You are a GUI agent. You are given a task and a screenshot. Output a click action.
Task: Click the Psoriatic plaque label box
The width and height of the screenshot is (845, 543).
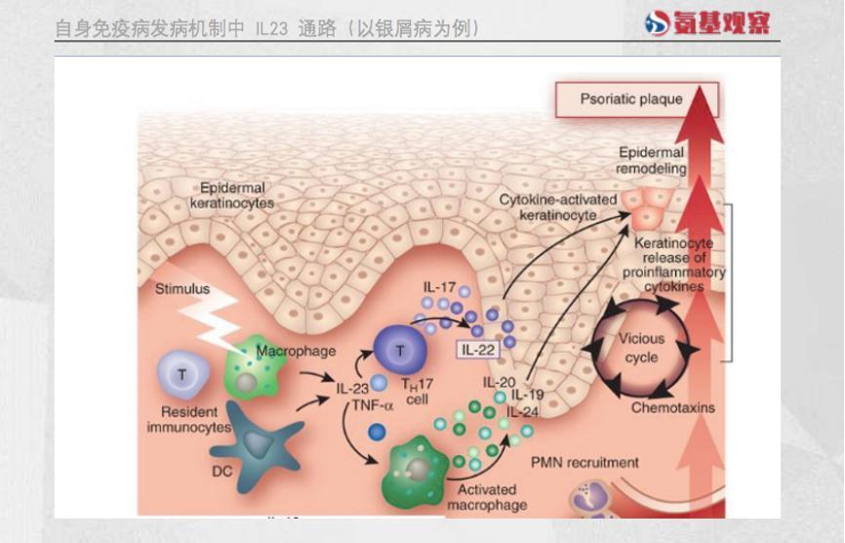point(637,100)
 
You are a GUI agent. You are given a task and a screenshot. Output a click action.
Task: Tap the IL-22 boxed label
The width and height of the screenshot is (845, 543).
point(478,350)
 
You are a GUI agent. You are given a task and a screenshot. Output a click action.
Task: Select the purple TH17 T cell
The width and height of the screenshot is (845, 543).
point(400,351)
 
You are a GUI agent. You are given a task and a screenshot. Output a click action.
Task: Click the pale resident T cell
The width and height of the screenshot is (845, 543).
point(182,375)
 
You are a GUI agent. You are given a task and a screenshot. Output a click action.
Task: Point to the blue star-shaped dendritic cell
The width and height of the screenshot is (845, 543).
point(258,443)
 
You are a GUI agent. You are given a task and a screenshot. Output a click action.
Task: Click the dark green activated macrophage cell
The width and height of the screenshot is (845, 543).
point(415,472)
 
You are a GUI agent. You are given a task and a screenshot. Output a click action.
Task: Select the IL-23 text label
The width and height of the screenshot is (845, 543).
point(352,389)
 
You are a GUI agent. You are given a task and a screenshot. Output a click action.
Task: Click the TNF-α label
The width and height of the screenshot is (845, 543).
point(373,405)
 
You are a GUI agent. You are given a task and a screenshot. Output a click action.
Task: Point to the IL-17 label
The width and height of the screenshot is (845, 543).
point(439,287)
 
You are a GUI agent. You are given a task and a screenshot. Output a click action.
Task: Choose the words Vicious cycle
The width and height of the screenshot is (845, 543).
point(641,348)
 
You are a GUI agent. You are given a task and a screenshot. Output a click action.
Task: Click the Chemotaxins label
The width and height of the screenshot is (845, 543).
point(673,407)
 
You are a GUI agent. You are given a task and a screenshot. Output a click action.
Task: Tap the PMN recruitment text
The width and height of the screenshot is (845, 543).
point(584,463)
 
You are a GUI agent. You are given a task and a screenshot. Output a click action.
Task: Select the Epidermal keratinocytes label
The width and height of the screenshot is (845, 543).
point(232,195)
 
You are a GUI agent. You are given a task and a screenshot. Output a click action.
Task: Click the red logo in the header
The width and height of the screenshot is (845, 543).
point(707,22)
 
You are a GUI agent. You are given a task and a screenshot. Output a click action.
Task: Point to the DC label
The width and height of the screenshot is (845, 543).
point(222,472)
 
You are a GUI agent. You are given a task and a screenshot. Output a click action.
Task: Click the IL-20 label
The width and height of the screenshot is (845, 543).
point(499,382)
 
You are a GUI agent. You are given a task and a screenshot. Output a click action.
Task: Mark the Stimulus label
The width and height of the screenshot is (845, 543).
point(182,289)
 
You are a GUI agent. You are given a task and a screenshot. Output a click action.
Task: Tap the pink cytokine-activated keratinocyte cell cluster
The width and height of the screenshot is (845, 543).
point(646,207)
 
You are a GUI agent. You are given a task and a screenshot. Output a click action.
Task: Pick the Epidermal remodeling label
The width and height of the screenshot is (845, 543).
point(651,160)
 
